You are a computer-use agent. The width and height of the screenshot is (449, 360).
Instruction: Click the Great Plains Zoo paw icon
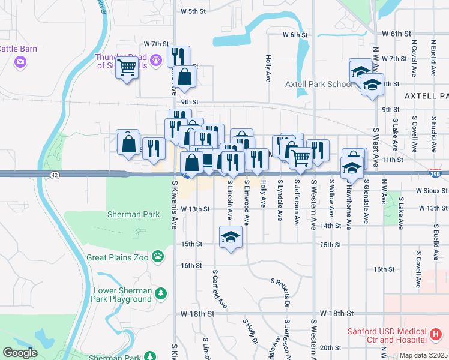pos(157,257)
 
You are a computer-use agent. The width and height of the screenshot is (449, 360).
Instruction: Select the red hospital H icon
pos(436,333)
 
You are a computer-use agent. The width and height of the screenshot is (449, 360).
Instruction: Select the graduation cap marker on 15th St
pos(231,237)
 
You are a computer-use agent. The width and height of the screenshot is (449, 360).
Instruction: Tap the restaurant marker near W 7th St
pos(178,56)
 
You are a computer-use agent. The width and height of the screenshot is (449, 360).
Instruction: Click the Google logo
pos(20,352)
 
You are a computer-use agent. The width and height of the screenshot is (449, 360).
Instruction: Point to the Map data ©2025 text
pos(423,355)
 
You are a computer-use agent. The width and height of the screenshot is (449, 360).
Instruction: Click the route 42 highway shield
pos(55,175)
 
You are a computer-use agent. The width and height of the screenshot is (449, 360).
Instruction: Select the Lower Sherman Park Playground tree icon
pos(160,293)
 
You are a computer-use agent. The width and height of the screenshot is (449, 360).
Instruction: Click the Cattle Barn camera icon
pos(20,61)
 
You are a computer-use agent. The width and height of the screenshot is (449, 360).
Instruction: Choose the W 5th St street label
pos(193,11)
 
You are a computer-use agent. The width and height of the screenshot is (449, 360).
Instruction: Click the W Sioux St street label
pos(432,191)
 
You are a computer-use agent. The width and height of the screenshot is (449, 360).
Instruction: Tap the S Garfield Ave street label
pos(219,288)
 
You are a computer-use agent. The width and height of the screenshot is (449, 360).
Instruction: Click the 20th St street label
pos(331,348)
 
